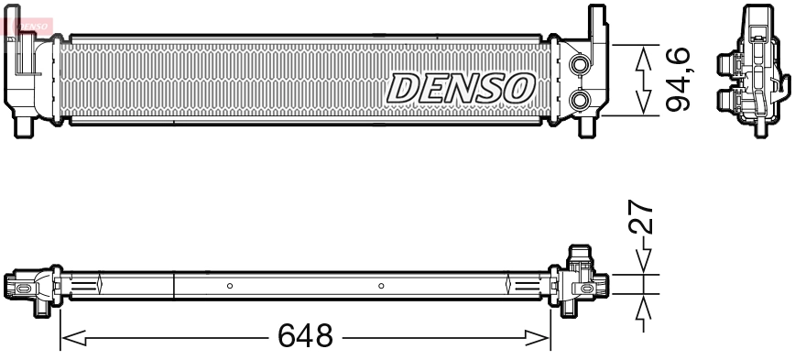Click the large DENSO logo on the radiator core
coord(461,88)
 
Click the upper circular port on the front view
coord(579,66)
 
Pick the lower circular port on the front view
coord(579,99)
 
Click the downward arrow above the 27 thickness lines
coord(645,258)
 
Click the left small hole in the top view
coord(230,286)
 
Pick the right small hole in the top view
coord(380,286)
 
